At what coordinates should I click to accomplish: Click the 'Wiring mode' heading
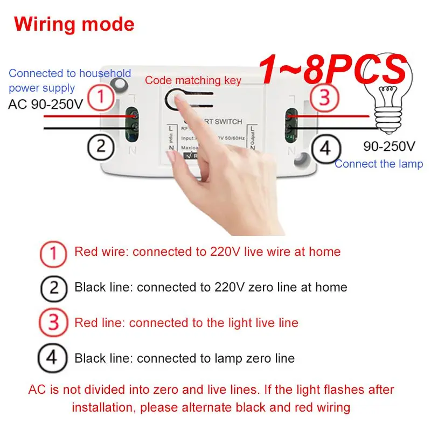point(74,24)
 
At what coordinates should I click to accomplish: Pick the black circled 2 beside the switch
point(101,145)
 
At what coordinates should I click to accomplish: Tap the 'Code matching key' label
point(193,81)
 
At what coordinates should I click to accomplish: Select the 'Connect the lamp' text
point(379,164)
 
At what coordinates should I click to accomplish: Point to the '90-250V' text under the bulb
point(389,146)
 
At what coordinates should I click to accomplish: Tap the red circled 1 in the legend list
point(54,252)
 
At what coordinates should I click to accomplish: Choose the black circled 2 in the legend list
point(54,288)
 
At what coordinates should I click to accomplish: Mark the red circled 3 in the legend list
point(54,323)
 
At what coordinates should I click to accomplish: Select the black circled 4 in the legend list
point(54,359)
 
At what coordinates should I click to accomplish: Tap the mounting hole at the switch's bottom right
point(298,158)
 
